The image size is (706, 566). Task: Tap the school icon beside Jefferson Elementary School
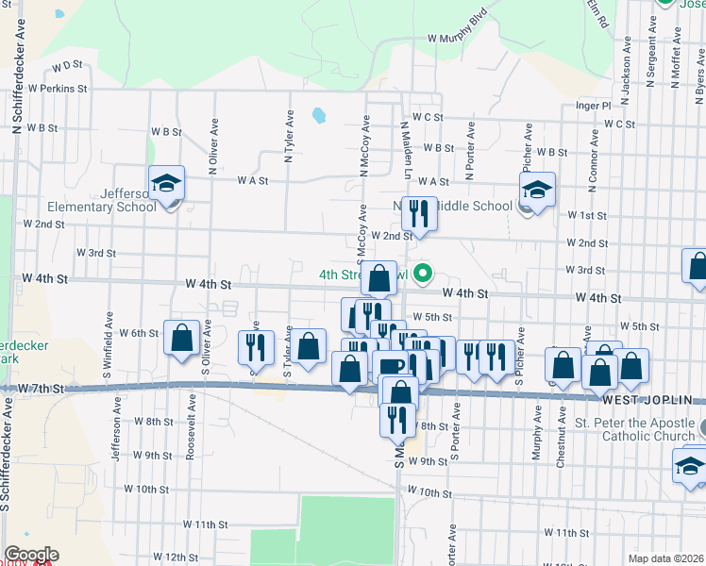click(167, 183)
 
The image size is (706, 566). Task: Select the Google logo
click(32, 554)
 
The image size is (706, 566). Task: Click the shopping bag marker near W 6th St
click(181, 339)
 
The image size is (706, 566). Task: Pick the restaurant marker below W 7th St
click(397, 420)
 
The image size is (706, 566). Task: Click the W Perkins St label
click(59, 88)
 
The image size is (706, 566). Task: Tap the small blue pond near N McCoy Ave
click(319, 116)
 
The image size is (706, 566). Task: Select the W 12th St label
click(168, 558)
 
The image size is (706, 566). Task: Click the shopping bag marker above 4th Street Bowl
click(378, 278)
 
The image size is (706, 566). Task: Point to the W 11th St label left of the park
click(206, 524)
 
